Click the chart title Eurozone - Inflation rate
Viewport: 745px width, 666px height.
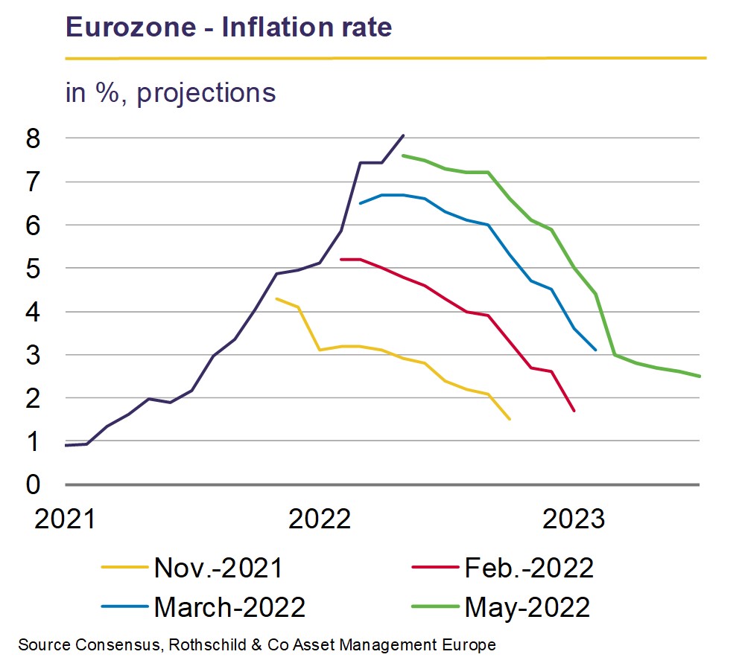click(229, 28)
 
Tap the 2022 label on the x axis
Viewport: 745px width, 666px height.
click(320, 519)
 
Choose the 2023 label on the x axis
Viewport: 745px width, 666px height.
click(574, 519)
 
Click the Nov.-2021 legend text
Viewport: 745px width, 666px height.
click(218, 569)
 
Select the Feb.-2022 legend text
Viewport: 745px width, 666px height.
click(529, 569)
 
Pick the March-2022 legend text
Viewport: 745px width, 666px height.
click(229, 607)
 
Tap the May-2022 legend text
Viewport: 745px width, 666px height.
click(527, 607)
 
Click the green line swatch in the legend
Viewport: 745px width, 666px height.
click(434, 608)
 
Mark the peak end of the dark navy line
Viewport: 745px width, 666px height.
click(403, 135)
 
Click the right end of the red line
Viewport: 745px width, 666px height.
click(574, 410)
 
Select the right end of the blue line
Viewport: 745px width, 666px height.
click(595, 350)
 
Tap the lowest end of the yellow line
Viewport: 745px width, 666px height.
click(510, 419)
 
